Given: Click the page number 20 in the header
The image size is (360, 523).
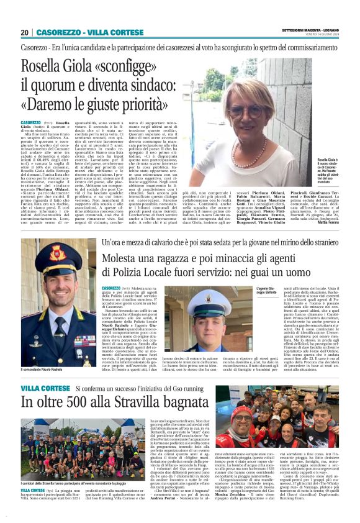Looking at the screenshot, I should coord(24,32).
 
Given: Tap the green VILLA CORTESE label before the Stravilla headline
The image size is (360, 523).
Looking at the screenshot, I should coord(45,387).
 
